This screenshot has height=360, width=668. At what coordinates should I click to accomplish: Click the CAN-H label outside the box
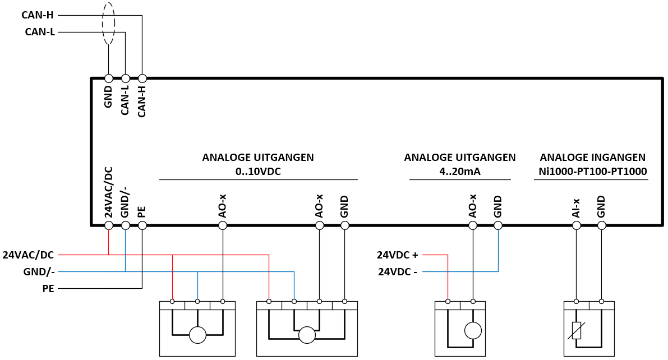[38, 15]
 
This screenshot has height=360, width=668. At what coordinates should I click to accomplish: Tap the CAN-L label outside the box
[40, 32]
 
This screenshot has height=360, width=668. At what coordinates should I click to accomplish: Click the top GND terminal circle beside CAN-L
[109, 79]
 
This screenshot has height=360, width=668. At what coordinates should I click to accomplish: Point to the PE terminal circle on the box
[142, 225]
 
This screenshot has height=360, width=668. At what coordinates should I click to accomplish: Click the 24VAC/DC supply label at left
[28, 255]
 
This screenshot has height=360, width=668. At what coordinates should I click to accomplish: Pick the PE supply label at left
[48, 288]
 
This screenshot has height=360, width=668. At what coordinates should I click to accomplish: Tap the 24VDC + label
[398, 255]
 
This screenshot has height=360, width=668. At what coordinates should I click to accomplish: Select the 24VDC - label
[398, 271]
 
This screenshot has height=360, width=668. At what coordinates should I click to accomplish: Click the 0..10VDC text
[258, 172]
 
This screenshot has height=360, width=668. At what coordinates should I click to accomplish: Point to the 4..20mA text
[460, 172]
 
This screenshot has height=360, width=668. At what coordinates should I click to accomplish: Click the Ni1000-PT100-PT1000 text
[593, 172]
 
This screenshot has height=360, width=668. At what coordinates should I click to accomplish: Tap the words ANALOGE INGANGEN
[593, 157]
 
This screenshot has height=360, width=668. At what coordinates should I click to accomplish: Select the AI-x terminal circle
[577, 225]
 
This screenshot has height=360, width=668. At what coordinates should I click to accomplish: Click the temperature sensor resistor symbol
[577, 331]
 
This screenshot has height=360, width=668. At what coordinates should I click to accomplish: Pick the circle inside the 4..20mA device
[473, 330]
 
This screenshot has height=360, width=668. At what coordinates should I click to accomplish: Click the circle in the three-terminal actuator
[197, 335]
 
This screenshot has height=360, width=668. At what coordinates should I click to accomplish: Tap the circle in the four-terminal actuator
[307, 335]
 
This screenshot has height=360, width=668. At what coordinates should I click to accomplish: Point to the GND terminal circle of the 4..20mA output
[498, 225]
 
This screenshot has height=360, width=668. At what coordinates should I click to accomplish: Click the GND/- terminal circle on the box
[125, 225]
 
